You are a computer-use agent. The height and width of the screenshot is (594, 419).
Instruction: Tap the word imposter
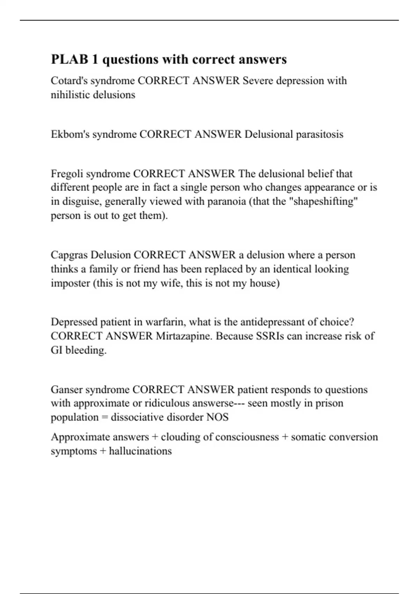70,283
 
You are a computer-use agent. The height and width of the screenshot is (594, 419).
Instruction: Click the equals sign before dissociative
104,417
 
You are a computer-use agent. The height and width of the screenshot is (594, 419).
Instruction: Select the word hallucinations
140,451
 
